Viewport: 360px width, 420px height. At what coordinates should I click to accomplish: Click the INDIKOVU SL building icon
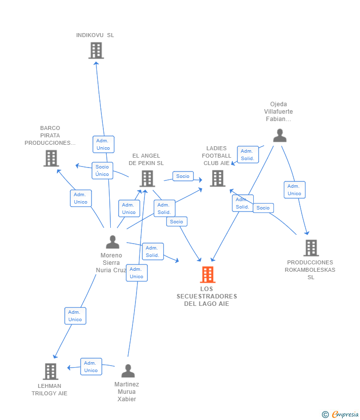tap(96, 50)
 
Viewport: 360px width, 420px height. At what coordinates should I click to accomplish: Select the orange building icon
tap(208, 275)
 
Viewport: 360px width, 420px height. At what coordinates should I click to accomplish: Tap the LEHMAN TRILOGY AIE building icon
tap(50, 371)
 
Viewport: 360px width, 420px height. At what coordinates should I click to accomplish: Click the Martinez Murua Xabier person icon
tap(128, 371)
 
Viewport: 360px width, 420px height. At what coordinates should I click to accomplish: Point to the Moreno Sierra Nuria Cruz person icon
tap(113, 242)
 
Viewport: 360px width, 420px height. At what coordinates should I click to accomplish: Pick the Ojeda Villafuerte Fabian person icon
tap(280, 135)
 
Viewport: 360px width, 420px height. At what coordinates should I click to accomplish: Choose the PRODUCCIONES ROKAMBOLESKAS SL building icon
tap(311, 248)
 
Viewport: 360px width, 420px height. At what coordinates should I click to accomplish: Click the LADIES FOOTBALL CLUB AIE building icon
tap(217, 178)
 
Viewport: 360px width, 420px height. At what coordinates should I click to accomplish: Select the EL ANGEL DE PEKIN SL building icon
tap(147, 178)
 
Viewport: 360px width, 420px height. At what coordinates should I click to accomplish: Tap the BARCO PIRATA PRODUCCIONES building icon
tap(51, 158)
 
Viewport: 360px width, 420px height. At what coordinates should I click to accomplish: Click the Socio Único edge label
tap(102, 170)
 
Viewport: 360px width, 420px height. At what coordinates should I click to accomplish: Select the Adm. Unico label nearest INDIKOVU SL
tap(103, 144)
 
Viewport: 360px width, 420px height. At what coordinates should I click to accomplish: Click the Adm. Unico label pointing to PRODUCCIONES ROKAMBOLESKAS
tap(294, 190)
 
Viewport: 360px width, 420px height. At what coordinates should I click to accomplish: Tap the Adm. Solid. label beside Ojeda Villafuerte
tap(247, 155)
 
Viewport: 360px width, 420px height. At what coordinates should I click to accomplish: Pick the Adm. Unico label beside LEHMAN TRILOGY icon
tap(91, 367)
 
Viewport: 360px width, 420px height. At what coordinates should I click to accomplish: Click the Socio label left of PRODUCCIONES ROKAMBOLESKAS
tap(263, 208)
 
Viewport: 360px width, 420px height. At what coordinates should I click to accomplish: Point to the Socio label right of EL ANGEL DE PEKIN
tap(182, 176)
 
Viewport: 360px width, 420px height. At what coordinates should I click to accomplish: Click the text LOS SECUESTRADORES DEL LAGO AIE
tap(207, 296)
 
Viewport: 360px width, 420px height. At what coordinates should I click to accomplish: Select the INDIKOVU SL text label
tap(95, 35)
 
